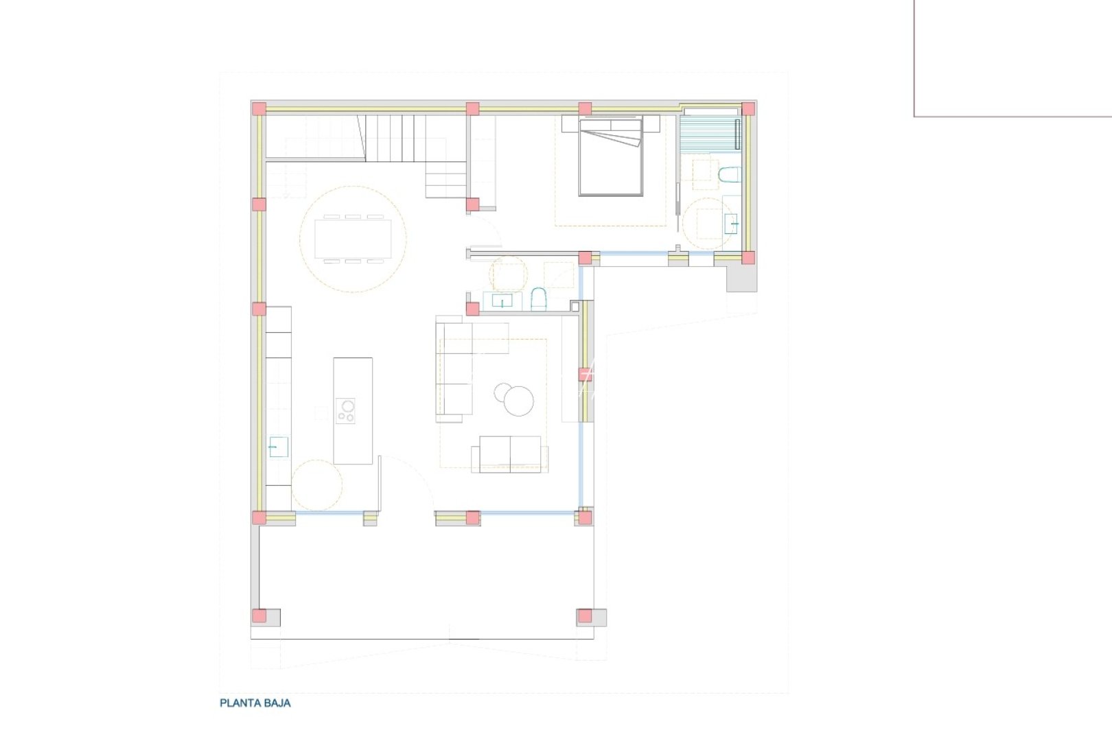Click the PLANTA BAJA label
[255, 703]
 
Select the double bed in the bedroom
[611, 158]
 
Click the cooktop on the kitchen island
[345, 411]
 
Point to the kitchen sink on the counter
[278, 447]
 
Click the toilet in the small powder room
[538, 300]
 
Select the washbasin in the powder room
[502, 301]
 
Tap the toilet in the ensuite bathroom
[728, 176]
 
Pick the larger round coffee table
[518, 401]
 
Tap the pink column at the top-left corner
[259, 108]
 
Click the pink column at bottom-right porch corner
[584, 616]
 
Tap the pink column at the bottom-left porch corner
[259, 616]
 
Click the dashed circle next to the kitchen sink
[316, 485]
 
